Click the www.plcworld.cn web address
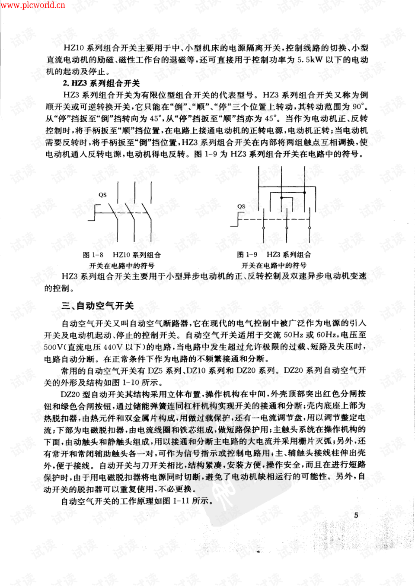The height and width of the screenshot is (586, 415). point(33,5)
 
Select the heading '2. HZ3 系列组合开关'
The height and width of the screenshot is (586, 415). point(101,83)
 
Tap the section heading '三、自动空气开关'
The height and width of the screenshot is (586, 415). point(97,306)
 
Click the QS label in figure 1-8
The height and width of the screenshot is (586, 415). point(102,195)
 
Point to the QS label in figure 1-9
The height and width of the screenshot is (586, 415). point(241,206)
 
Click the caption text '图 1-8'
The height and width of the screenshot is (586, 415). point(93,255)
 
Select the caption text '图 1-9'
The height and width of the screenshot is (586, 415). point(247,255)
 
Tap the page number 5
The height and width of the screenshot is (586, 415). point(356,515)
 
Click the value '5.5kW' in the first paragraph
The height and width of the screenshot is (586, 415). point(310,60)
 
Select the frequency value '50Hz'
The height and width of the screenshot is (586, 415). point(294,335)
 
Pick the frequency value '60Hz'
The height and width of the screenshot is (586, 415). point(327,335)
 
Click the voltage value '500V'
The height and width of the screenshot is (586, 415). point(54,347)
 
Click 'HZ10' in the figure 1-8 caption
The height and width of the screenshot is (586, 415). point(121,255)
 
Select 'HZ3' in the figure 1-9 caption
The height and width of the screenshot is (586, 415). point(275,255)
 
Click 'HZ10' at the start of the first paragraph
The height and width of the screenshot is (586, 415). point(73,48)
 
